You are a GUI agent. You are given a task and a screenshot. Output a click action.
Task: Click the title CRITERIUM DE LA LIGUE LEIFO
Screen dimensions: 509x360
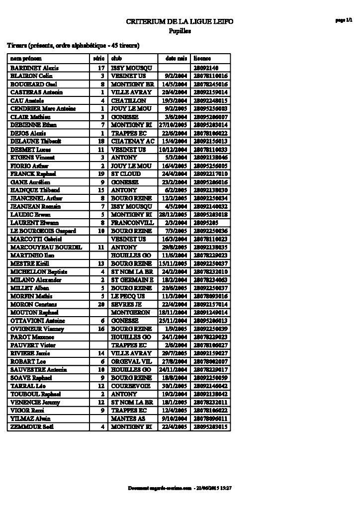[180, 22]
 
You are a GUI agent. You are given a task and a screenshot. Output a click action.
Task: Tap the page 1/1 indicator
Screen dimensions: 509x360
[344, 20]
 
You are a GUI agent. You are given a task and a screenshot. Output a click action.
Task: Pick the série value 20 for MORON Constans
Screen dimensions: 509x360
[101, 304]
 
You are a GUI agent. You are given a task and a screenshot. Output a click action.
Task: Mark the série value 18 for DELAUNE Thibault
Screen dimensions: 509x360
[101, 141]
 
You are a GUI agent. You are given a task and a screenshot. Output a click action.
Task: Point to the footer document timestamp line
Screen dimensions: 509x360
[180, 488]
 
